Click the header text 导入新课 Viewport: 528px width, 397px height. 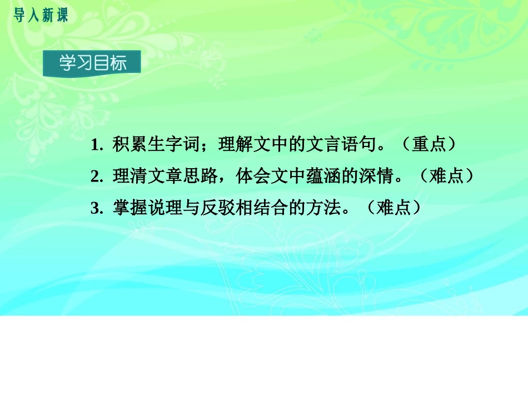pos(40,16)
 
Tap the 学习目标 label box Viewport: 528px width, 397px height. pos(92,63)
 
